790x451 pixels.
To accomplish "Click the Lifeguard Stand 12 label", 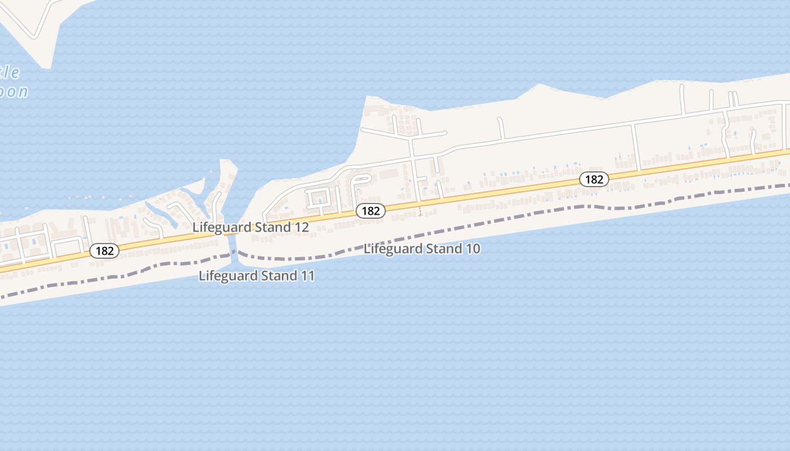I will point(251,227).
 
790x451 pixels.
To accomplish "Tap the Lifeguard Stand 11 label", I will point(257,276).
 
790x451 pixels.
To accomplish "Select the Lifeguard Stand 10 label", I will point(422,249).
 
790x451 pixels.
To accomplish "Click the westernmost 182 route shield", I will point(105,251).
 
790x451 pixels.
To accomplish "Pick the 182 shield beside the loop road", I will point(371,211).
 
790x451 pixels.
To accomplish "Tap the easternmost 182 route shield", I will point(594,179).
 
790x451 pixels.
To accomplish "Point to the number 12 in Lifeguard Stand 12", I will point(302,227).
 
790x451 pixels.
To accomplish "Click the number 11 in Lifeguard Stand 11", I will point(308,276).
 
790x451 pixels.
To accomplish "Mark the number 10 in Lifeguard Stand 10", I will point(473,249).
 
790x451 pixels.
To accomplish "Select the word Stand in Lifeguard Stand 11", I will point(280,276).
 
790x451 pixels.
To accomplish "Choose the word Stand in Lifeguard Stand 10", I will point(445,249).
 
